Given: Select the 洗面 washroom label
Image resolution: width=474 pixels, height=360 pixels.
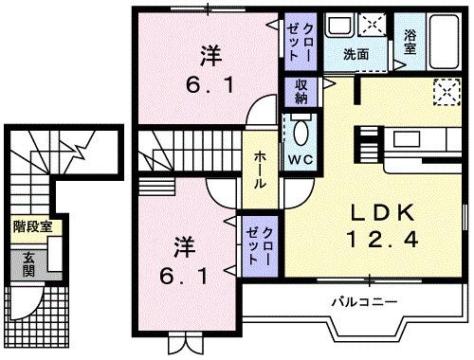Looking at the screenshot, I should [355, 55].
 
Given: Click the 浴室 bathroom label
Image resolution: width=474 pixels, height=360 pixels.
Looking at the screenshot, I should [410, 42].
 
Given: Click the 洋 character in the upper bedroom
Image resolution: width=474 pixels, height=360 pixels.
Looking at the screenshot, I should [210, 54].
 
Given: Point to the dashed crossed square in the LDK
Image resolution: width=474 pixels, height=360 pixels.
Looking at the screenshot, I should [442, 93].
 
